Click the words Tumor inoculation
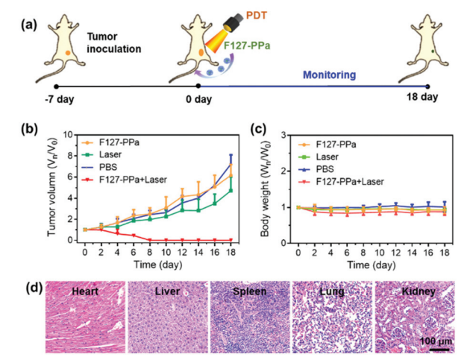pyautogui.click(x=114, y=43)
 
